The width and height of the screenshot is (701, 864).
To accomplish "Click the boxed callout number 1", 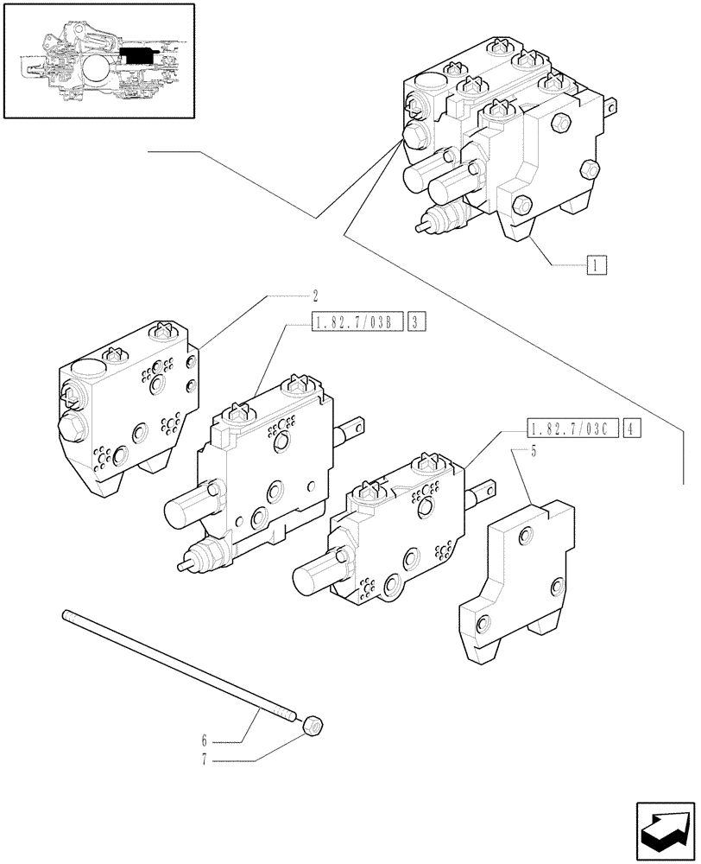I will (x=597, y=264).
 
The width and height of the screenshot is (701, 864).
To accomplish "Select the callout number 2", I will (x=280, y=295).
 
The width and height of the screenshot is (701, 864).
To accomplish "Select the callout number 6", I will (x=205, y=740).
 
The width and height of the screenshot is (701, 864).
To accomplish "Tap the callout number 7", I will (x=205, y=760).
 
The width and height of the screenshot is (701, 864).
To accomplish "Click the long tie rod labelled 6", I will (x=173, y=665).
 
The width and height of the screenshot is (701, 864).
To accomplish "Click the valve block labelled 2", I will (x=129, y=406).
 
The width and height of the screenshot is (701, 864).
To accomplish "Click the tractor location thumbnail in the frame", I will (x=98, y=60).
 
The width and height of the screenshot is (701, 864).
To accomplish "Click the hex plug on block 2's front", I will (x=73, y=425).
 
